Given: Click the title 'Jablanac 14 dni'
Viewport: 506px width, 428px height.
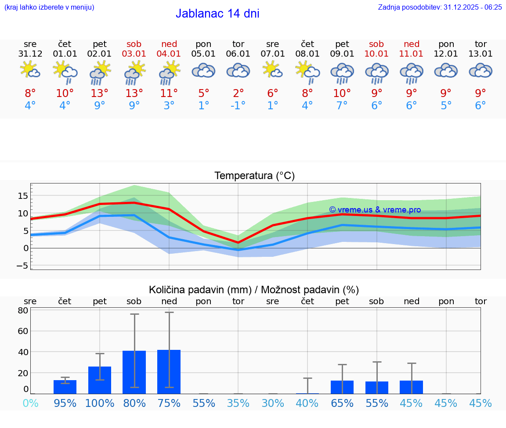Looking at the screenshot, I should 217,14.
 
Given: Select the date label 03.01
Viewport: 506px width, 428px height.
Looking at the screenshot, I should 134,54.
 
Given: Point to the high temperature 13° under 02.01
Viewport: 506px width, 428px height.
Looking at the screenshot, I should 100,93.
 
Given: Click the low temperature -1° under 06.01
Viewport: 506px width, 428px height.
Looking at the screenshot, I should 238,106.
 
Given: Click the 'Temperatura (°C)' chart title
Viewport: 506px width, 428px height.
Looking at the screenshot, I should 254,176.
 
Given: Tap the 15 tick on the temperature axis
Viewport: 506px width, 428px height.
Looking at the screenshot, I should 23,196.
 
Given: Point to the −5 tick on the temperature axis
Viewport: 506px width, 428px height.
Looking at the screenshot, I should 22,266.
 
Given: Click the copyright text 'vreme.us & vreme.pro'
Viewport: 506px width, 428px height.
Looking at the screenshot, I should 375,210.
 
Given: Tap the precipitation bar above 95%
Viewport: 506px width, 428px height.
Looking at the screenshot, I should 65,387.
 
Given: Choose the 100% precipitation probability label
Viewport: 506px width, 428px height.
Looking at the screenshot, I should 100,403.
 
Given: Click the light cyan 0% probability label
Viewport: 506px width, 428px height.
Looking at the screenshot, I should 30,403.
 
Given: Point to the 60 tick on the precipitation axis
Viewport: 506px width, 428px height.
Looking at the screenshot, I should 23,331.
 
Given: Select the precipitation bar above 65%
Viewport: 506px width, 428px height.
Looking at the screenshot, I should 342,387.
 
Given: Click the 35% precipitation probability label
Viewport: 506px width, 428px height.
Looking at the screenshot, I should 238,403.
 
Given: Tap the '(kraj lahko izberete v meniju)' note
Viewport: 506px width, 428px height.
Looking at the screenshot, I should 49,7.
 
